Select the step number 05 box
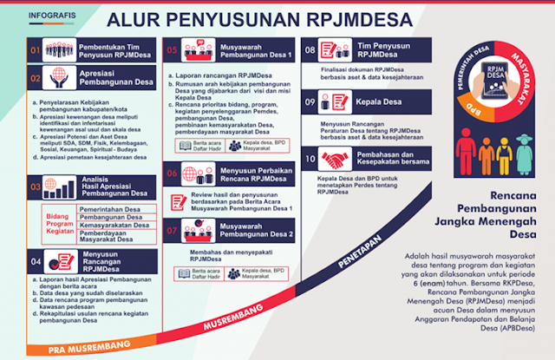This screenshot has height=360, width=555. (x=173, y=50)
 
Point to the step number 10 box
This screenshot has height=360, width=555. (x=310, y=159)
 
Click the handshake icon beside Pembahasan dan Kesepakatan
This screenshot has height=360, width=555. (x=333, y=159)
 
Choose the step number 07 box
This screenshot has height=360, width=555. (x=173, y=231)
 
